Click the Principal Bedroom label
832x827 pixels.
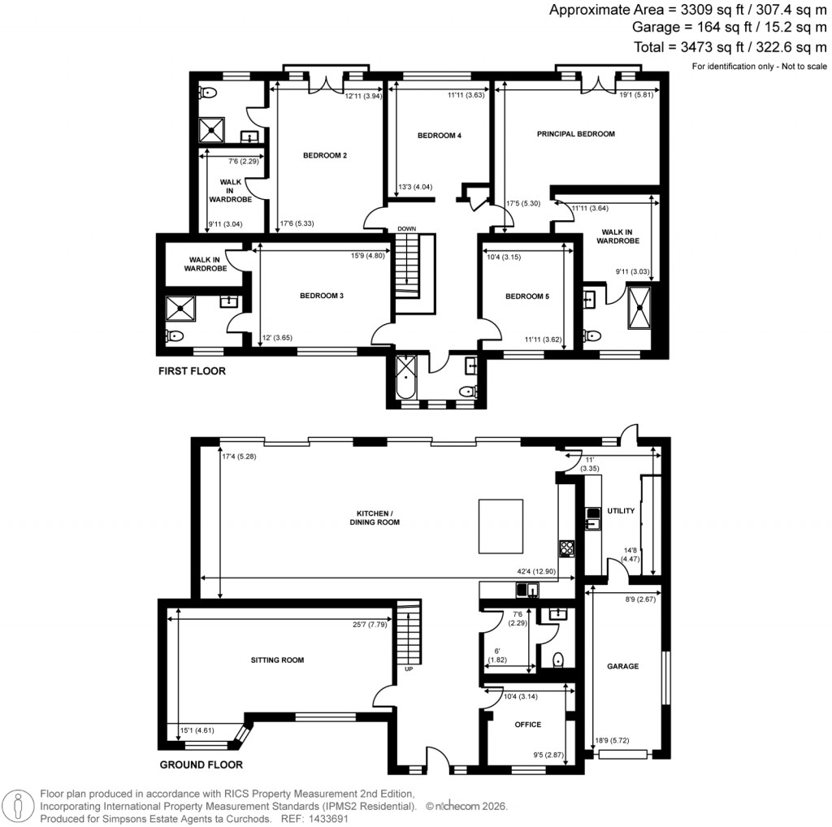click(575, 133)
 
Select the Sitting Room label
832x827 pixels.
click(277, 660)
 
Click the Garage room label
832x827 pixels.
click(622, 666)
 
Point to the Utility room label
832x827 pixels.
click(621, 511)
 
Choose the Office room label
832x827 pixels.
click(527, 725)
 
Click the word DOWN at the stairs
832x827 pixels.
click(406, 229)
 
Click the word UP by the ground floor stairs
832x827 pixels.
click(409, 669)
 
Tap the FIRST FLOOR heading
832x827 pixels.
click(192, 371)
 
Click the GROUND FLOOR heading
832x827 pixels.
click(201, 764)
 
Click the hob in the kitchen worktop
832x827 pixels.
click(566, 548)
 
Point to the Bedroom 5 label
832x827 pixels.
click(527, 297)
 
